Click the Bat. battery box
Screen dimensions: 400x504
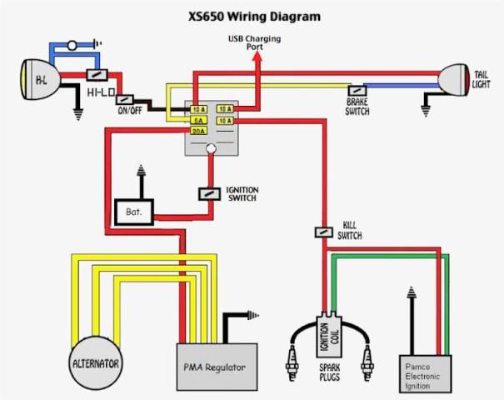pos(134,212)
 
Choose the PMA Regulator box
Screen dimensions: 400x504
pos(214,367)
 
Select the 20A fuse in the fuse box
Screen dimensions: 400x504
pos(198,132)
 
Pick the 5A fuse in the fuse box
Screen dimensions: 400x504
pos(198,121)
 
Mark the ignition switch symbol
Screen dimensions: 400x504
pos(208,193)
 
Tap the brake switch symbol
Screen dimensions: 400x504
pos(357,89)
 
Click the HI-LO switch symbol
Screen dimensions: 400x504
pos(94,75)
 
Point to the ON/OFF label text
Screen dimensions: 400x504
pos(129,110)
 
